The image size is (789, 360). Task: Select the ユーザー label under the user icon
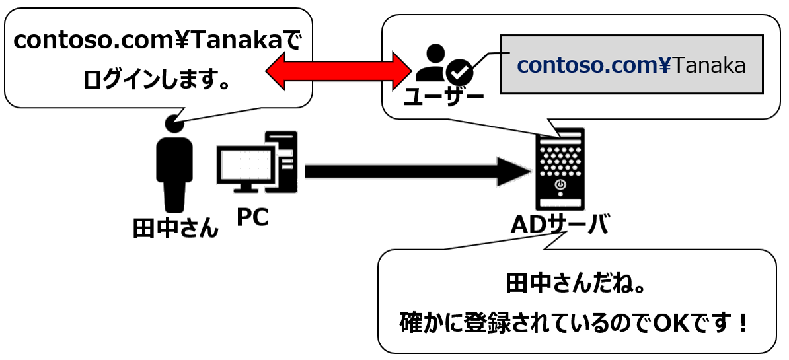[443, 97]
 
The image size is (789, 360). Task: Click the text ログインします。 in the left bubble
[157, 81]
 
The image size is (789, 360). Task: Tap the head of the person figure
[174, 123]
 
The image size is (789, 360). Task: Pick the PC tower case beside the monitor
[282, 159]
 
